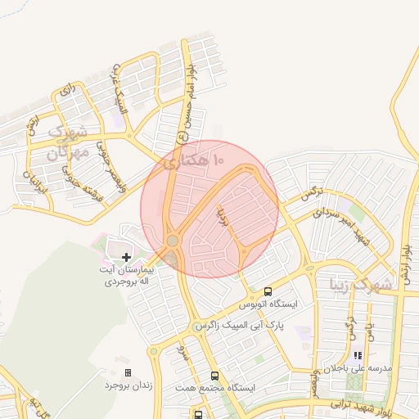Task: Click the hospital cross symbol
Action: pyautogui.click(x=125, y=258)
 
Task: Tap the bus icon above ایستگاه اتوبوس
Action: pyautogui.click(x=268, y=291)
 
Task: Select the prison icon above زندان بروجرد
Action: pyautogui.click(x=128, y=372)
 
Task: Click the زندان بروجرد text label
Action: pyautogui.click(x=124, y=385)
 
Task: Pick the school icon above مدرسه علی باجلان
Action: pyautogui.click(x=357, y=355)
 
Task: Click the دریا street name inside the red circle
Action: pyautogui.click(x=220, y=217)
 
